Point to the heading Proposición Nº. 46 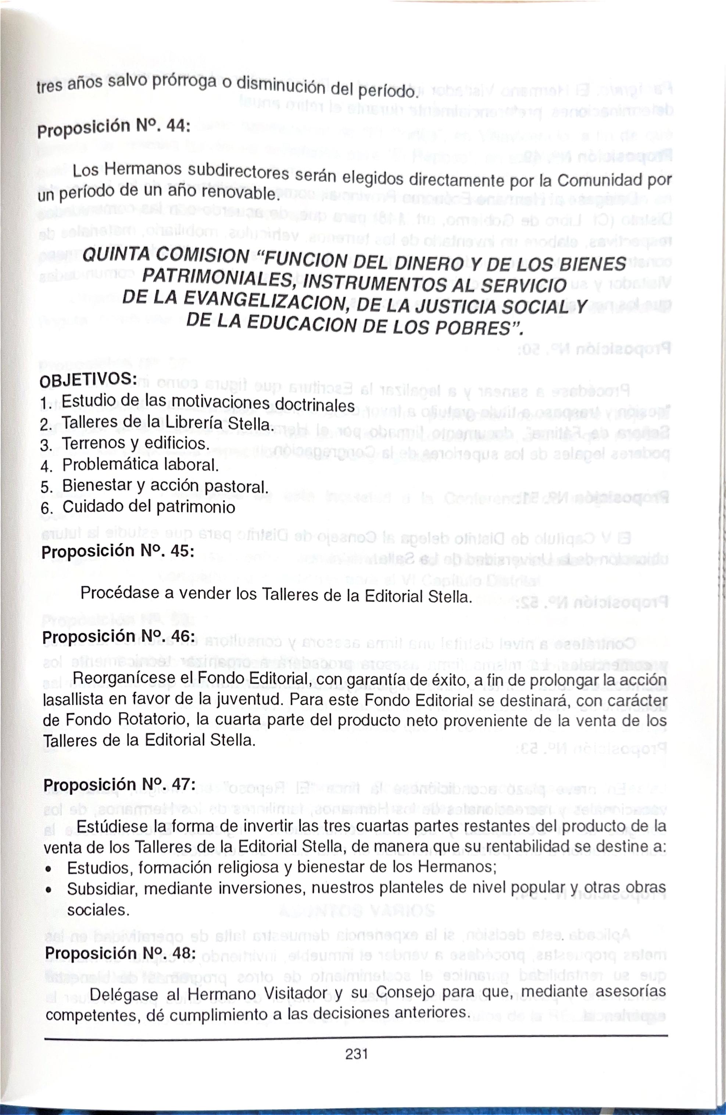click(118, 636)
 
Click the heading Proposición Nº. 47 click(119, 784)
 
